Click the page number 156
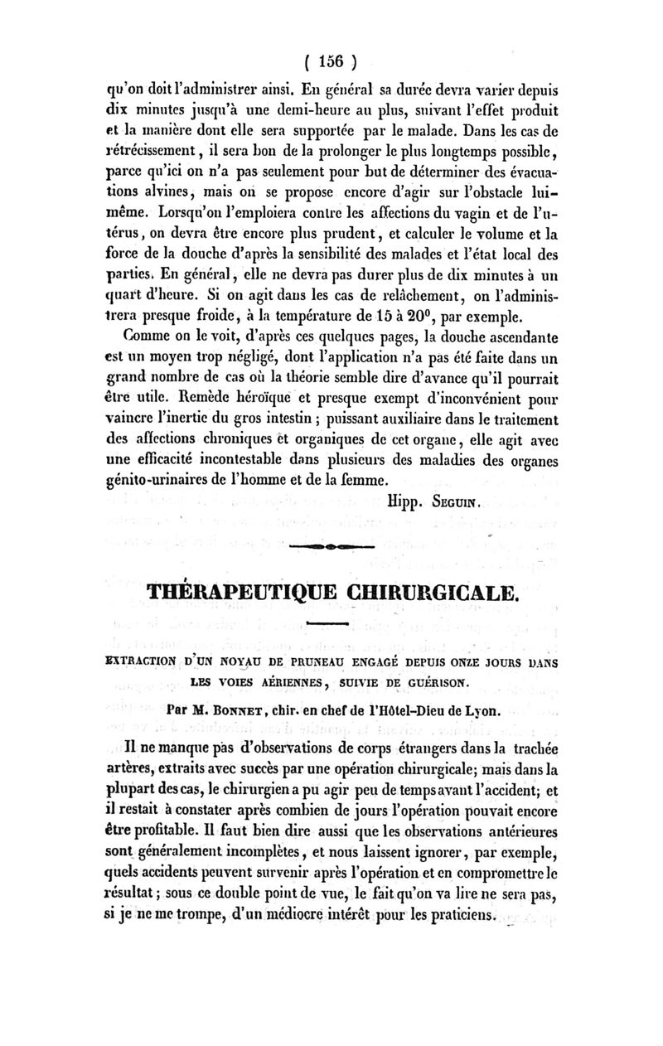point(330,61)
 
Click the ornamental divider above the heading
point(332,549)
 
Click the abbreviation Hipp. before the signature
point(405,500)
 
